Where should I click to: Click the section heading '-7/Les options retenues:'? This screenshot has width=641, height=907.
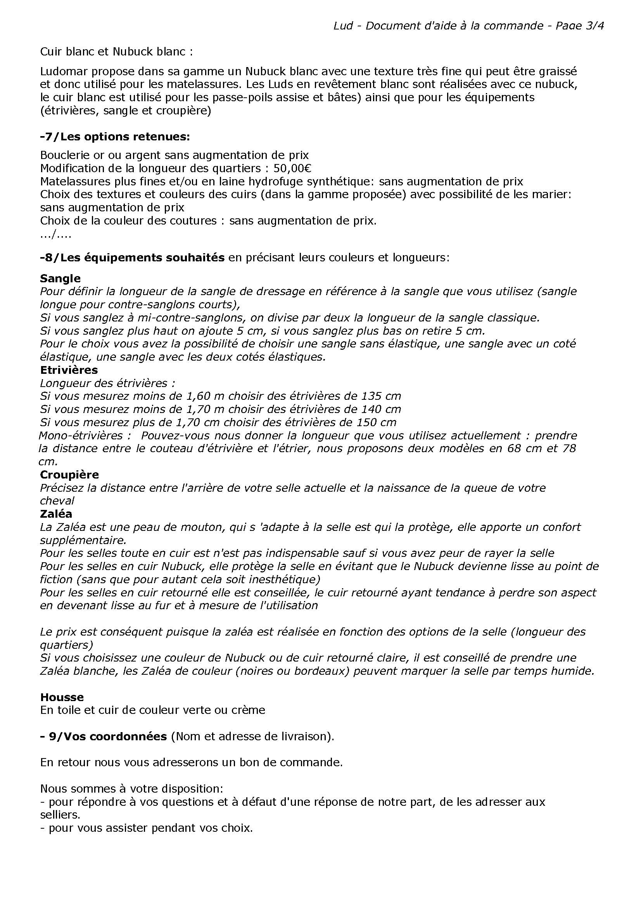tap(115, 136)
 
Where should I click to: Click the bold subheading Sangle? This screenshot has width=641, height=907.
tap(60, 278)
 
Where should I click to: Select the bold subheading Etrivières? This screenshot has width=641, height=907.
tap(69, 370)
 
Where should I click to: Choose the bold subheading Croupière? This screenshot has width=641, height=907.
tap(69, 474)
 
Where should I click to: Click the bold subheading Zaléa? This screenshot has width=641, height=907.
tap(56, 514)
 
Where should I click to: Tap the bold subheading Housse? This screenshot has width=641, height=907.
tap(62, 697)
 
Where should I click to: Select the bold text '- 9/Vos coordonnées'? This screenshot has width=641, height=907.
tap(104, 737)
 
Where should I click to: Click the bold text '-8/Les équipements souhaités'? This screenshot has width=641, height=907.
tap(132, 258)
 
